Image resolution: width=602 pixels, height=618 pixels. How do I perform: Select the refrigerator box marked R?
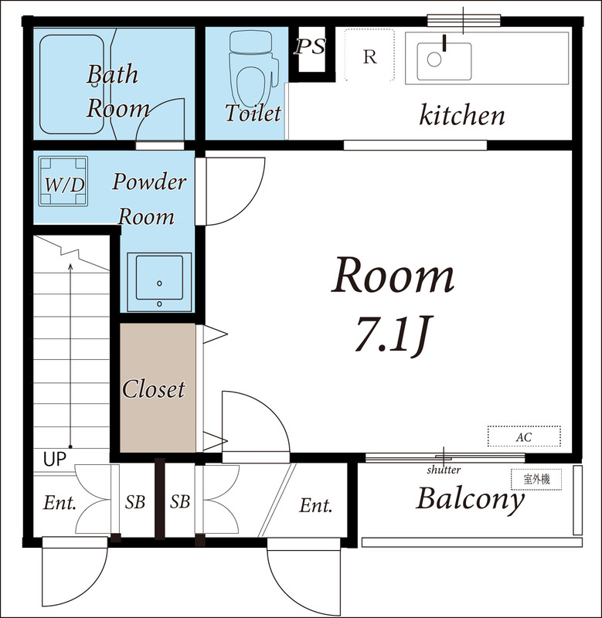pos(370,55)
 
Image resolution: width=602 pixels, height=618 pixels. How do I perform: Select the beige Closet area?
pos(157,388)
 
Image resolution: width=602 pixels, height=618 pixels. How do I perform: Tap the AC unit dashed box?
pos(523,436)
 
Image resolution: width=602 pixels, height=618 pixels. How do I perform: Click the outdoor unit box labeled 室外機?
pos(535,479)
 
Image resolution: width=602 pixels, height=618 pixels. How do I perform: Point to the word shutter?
pos(443,470)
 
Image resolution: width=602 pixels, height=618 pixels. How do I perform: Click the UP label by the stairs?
pos(54,460)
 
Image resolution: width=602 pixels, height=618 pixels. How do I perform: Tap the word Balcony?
pos(470,500)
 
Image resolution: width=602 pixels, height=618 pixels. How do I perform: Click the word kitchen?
pos(461,116)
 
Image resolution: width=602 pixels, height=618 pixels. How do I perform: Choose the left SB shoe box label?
pos(135,502)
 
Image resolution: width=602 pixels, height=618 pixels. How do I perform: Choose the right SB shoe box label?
pos(180,502)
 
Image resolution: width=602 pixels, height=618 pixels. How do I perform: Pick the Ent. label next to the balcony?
pos(315,506)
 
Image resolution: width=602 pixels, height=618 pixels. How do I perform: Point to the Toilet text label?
pos(253,113)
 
